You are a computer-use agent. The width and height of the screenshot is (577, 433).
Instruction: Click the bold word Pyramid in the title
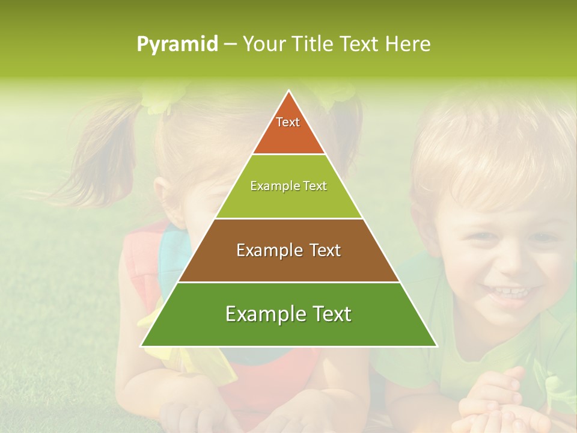coord(177,44)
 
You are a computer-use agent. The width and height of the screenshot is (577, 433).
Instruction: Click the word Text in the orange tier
coord(288,122)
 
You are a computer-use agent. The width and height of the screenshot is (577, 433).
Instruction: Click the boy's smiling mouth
coord(508,293)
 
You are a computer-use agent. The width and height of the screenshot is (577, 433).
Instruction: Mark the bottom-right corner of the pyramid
coord(436,346)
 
